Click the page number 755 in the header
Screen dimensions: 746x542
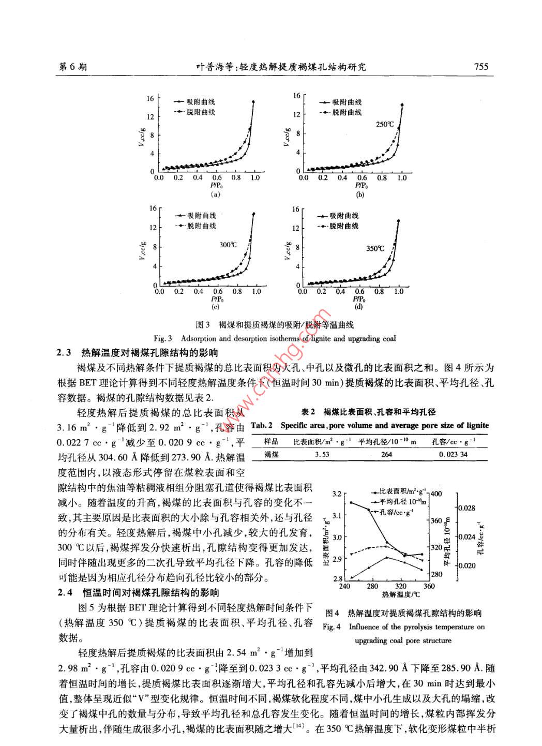(x=480, y=66)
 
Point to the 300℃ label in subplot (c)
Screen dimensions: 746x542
(x=228, y=245)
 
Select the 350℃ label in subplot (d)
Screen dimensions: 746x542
(x=375, y=248)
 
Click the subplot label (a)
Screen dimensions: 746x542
(x=216, y=195)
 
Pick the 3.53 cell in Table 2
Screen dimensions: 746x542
(x=322, y=454)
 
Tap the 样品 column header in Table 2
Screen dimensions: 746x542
(x=271, y=441)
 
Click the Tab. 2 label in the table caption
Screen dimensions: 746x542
(x=262, y=425)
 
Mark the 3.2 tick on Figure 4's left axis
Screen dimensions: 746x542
(x=337, y=494)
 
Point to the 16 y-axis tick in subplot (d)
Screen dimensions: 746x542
(x=295, y=210)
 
